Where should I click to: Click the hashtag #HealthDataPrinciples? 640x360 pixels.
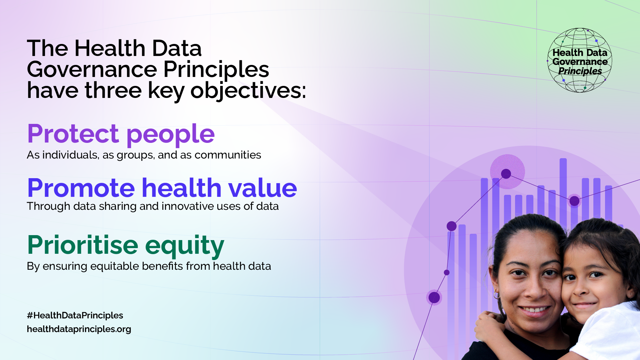pos(75,315)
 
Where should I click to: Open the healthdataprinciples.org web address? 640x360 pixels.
pos(79,329)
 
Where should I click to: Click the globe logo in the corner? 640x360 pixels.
pos(580,60)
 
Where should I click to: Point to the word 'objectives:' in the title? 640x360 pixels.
pos(248,91)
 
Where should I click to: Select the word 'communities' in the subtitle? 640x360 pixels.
pos(228,155)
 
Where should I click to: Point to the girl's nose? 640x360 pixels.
pos(582,288)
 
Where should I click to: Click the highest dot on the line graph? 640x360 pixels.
pos(506,174)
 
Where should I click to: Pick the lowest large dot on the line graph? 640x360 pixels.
pos(434,297)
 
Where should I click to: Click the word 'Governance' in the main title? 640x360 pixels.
pos(92,70)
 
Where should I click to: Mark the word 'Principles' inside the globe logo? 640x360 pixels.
pos(580,71)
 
